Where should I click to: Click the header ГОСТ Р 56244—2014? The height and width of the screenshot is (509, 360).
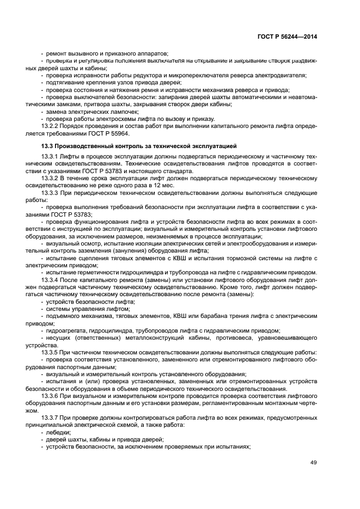287,37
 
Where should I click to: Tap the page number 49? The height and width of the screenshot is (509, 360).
313,462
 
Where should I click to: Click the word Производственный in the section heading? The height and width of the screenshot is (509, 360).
86,146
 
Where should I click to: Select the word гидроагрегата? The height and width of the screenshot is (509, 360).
68,330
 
